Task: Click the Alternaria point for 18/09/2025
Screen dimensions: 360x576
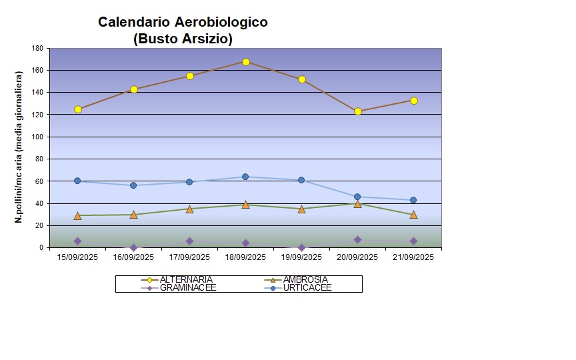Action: (x=246, y=62)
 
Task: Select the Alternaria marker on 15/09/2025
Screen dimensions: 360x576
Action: (x=78, y=109)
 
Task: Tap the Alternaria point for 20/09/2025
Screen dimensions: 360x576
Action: (x=358, y=111)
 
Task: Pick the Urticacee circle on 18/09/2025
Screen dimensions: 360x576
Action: (x=245, y=177)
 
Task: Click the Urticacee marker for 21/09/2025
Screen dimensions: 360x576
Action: (x=413, y=200)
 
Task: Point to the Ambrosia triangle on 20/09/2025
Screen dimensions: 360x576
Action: (x=358, y=204)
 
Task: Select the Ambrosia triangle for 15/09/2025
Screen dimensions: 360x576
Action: (x=78, y=215)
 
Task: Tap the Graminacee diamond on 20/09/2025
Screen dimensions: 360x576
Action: (x=358, y=239)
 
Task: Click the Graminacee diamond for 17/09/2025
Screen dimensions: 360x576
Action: (x=190, y=241)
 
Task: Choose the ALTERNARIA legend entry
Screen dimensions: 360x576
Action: (x=186, y=279)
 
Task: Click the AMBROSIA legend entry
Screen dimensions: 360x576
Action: (x=305, y=279)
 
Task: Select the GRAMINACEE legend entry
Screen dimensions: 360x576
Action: (x=188, y=287)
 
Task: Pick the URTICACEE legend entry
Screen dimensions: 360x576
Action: (x=307, y=287)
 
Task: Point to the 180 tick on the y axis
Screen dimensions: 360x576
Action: (x=37, y=49)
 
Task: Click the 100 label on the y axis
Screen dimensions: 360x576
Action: (x=37, y=137)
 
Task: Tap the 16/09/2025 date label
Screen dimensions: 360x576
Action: (x=134, y=257)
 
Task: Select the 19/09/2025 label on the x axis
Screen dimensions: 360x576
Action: (x=302, y=257)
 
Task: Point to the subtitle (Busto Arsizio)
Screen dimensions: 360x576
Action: (x=183, y=39)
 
